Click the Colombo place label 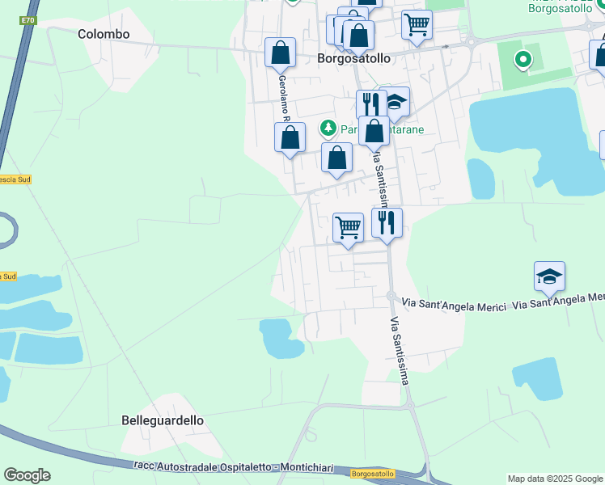(104, 34)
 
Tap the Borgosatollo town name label (353, 58)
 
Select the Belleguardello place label (163, 420)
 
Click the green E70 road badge (28, 19)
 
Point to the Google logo (27, 475)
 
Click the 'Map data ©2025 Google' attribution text (555, 479)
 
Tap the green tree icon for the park (328, 128)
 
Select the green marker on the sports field (522, 58)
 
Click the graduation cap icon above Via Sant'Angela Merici (550, 277)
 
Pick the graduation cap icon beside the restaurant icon (394, 102)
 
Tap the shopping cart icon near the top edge (417, 23)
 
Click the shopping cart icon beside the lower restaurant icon (348, 227)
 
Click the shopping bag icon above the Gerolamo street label (280, 53)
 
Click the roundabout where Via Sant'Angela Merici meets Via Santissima (390, 297)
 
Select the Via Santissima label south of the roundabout (400, 347)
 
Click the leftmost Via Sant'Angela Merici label (454, 305)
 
